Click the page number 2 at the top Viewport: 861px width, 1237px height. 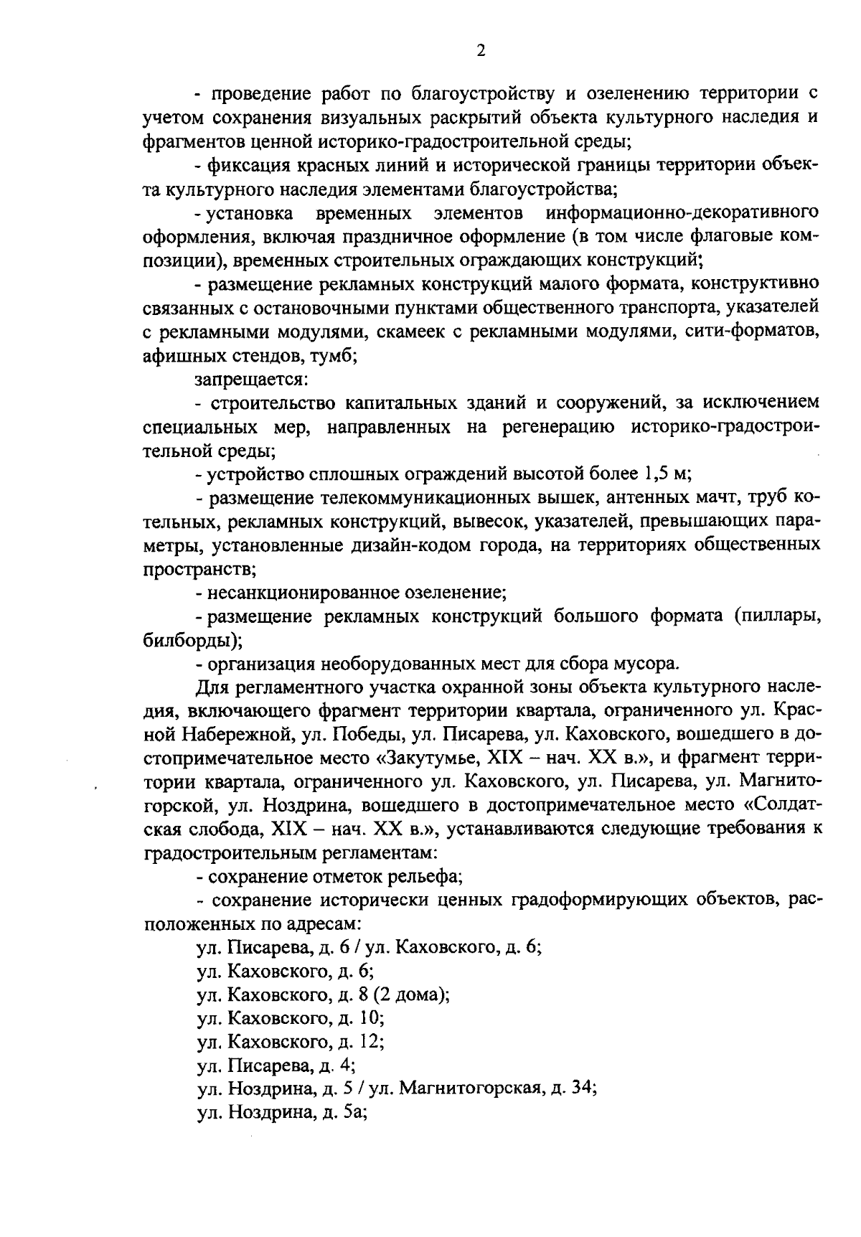tap(481, 50)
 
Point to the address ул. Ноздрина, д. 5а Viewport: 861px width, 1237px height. tap(282, 1112)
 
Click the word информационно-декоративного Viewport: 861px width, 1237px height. tap(682, 213)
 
